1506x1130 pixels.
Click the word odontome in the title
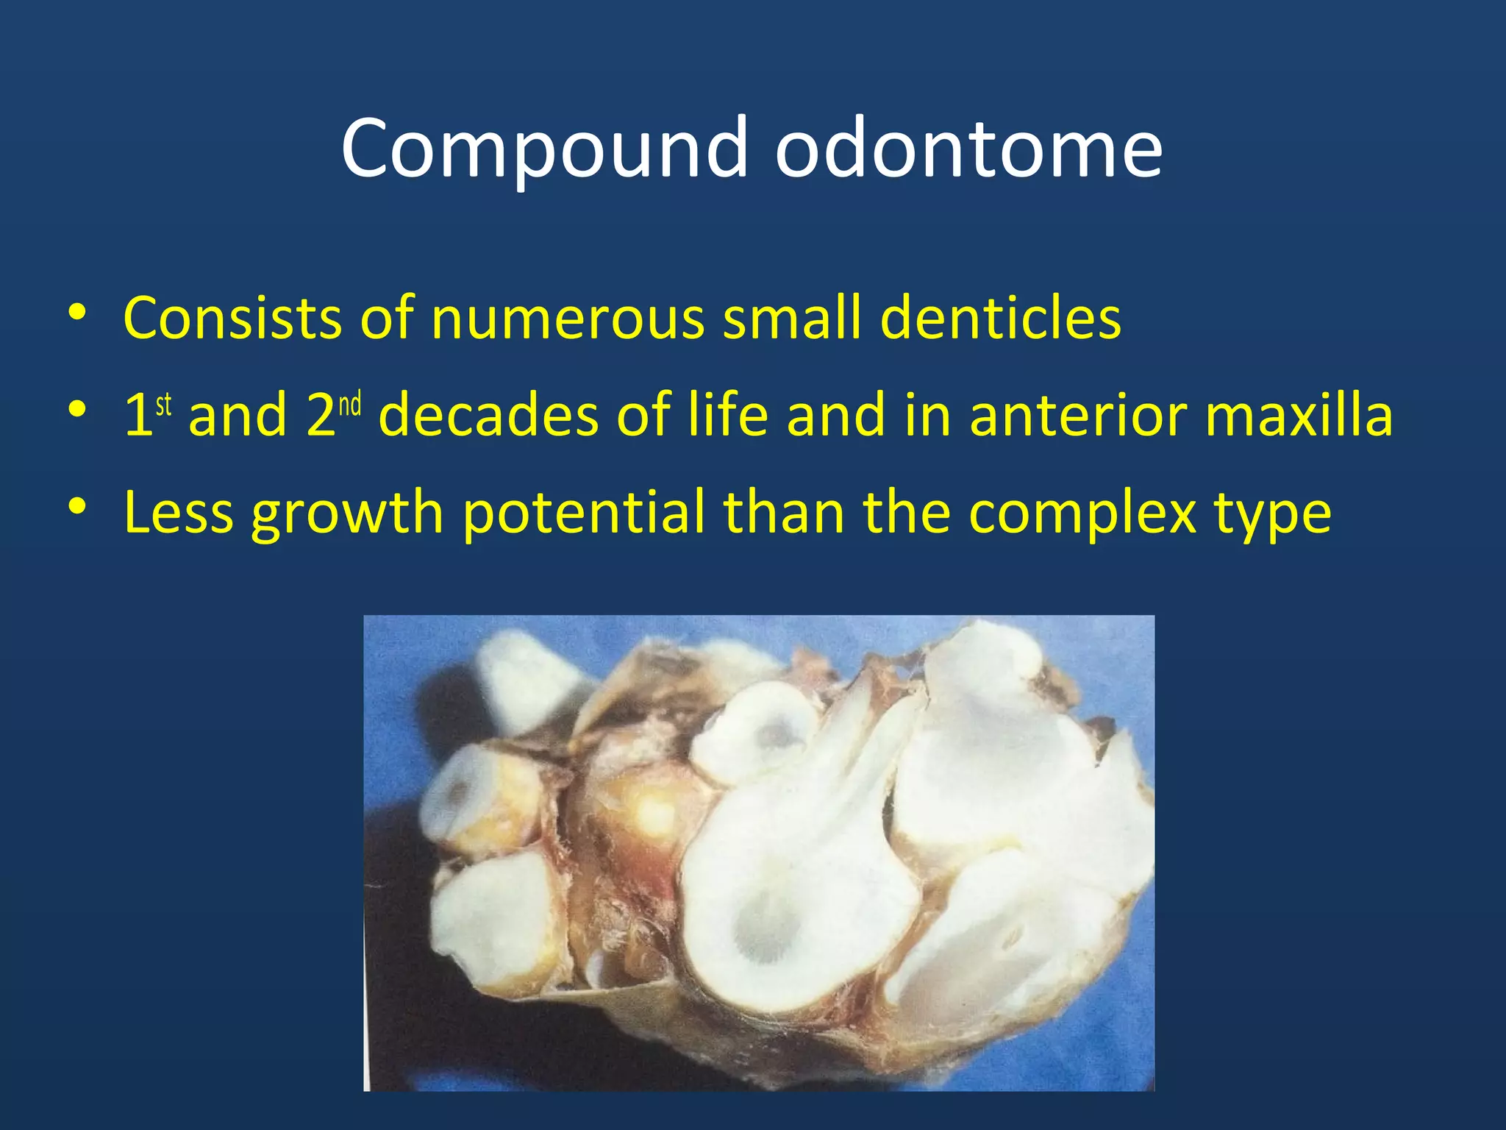[968, 149]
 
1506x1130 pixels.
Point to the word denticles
[1000, 318]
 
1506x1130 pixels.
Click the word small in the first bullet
[791, 318]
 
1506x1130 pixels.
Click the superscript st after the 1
[163, 404]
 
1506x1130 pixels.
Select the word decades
[488, 415]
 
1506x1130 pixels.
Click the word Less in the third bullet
[179, 512]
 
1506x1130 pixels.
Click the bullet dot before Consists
[77, 313]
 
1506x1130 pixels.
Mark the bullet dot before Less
[77, 507]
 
